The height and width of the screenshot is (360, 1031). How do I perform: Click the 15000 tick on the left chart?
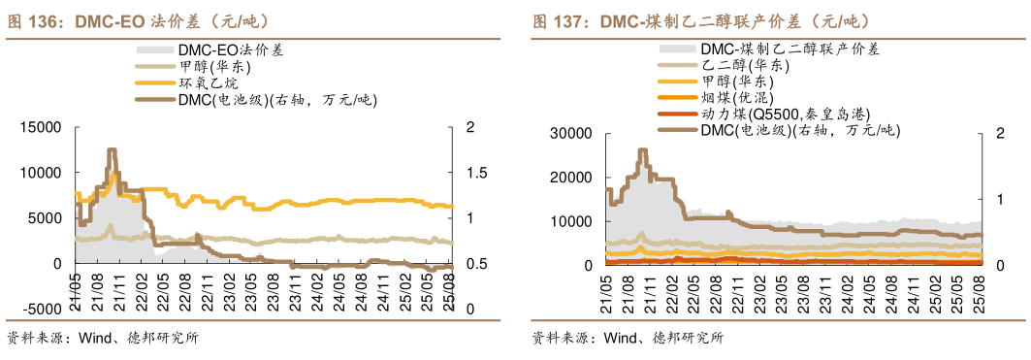pyautogui.click(x=42, y=127)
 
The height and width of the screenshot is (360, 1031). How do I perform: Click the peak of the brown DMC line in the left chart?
pyautogui.click(x=112, y=150)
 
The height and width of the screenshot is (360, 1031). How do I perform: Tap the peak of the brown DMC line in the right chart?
pyautogui.click(x=642, y=150)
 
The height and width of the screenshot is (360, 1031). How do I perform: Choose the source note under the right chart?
pyautogui.click(x=628, y=339)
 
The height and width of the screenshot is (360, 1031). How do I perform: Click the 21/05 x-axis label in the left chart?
pyautogui.click(x=74, y=288)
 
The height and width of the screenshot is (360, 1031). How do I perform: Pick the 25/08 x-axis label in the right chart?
pyautogui.click(x=978, y=288)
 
